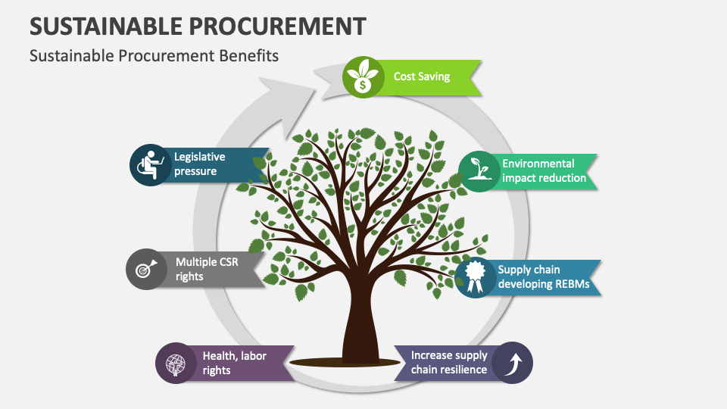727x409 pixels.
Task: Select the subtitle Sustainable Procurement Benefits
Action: [154, 55]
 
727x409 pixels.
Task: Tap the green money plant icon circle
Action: [363, 77]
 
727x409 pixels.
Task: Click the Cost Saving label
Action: [422, 76]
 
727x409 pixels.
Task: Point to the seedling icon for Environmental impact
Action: [479, 171]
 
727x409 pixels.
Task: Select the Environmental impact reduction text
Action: [544, 171]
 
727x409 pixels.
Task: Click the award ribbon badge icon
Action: [475, 276]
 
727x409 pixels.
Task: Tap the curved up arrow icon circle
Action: [512, 363]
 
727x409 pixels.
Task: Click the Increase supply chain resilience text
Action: [449, 363]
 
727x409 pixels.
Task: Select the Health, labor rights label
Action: [235, 363]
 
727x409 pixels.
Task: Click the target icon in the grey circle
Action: [146, 269]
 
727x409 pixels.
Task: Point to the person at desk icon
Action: [151, 164]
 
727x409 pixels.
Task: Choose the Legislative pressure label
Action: [200, 164]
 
